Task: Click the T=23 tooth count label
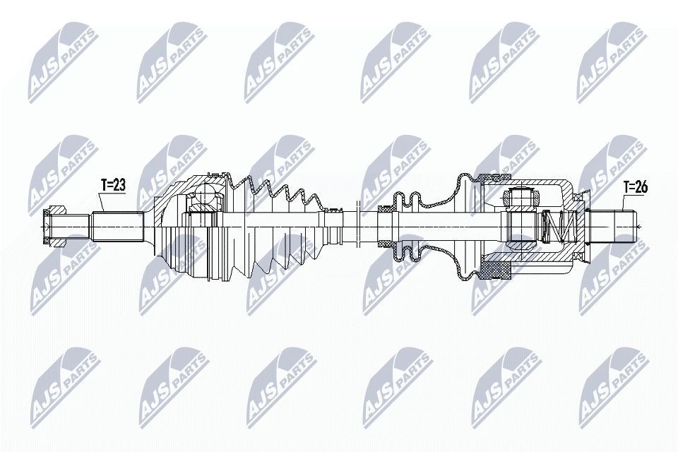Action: [113, 185]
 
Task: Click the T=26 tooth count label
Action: [636, 187]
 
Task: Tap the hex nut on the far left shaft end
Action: [54, 224]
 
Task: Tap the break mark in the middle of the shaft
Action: [359, 225]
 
